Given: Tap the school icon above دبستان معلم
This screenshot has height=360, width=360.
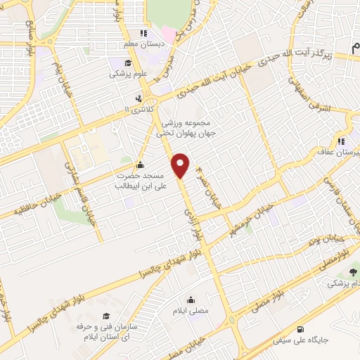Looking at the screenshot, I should [x=143, y=32].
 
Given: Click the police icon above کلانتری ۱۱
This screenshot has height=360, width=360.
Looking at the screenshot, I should [x=139, y=98].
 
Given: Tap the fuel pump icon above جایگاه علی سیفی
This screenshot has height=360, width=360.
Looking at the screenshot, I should [x=302, y=329].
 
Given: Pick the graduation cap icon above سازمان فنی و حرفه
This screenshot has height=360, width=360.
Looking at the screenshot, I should [x=105, y=316].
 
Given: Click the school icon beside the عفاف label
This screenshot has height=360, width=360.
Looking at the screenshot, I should [x=343, y=139].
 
